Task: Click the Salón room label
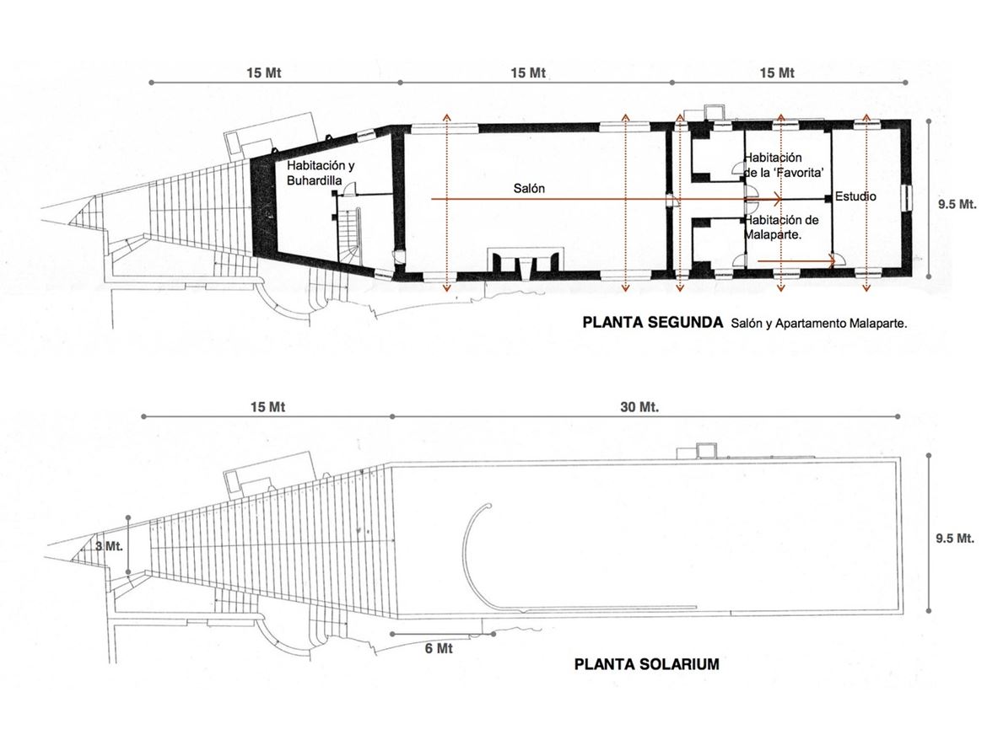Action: [529, 188]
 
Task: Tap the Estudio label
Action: [855, 196]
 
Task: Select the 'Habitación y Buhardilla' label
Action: [321, 173]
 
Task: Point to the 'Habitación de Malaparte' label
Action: [781, 227]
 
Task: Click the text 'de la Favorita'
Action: [784, 172]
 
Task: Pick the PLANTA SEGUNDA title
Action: [653, 323]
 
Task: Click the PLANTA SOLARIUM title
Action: [646, 664]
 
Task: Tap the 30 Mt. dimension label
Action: [639, 407]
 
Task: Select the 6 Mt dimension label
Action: [439, 648]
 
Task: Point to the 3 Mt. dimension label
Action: [109, 545]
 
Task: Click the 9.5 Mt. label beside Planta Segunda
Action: [957, 204]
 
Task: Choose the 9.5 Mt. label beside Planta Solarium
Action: [955, 539]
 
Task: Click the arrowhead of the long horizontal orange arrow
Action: [779, 199]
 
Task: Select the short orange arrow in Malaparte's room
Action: [796, 260]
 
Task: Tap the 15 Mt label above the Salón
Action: [527, 73]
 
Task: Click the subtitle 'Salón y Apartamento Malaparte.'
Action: [819, 323]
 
